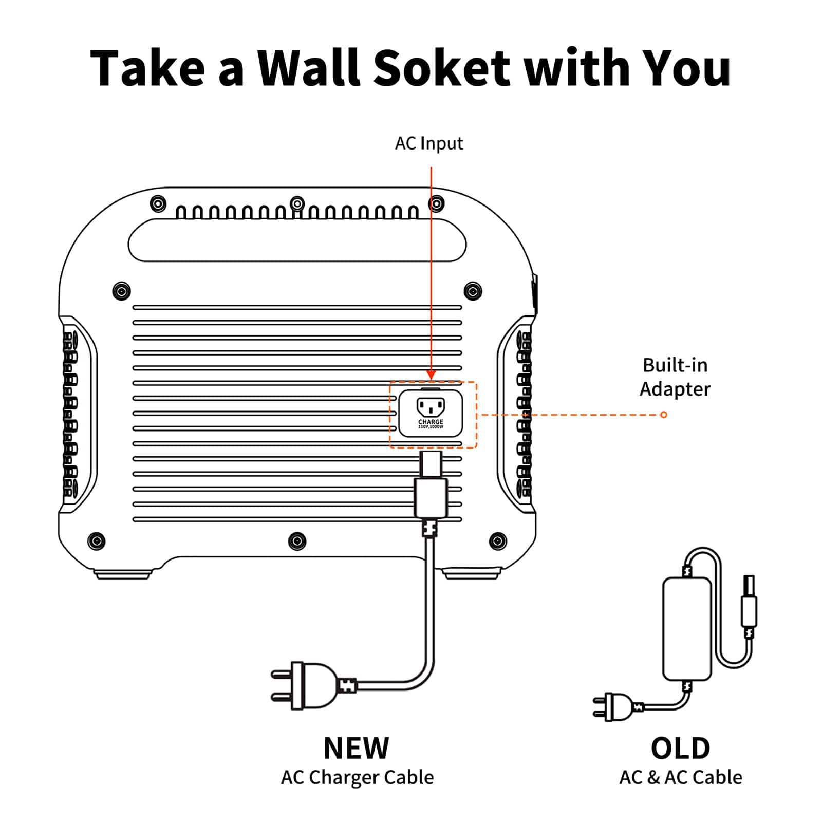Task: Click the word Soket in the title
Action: coord(441,68)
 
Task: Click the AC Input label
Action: coord(428,143)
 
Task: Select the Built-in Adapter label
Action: coord(675,377)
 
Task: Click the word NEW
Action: coord(356,748)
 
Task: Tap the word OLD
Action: coord(680,749)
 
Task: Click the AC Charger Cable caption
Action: coord(357,777)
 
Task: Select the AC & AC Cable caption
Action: coord(680,777)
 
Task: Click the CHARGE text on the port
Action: coord(431,422)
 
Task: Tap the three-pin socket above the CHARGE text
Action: coord(431,407)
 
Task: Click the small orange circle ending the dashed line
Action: coord(664,415)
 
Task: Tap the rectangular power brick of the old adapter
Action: coord(687,628)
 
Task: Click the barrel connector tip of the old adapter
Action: coord(749,586)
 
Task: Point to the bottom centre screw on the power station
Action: coord(297,540)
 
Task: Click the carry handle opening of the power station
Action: coord(297,240)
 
